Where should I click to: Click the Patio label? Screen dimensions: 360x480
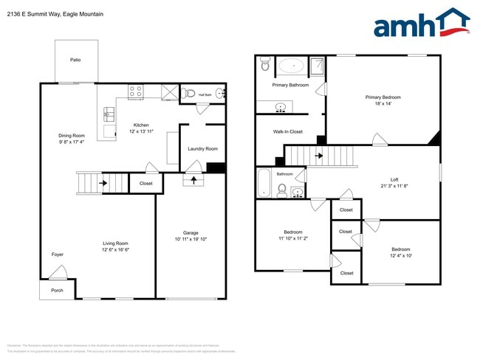(x=75, y=60)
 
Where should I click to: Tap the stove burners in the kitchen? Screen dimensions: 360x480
(x=136, y=92)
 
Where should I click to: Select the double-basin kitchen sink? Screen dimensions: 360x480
(x=109, y=114)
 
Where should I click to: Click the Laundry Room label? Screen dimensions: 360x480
(x=203, y=149)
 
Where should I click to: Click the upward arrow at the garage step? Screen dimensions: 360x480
(x=195, y=179)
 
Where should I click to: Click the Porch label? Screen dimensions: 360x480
(x=57, y=290)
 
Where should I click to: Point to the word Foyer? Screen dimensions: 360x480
(x=57, y=255)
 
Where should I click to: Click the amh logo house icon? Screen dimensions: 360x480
(x=451, y=22)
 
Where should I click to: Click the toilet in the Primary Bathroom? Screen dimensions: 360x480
(x=266, y=66)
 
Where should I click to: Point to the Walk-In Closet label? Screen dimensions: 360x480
(x=288, y=131)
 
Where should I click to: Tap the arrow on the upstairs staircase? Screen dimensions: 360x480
(x=318, y=156)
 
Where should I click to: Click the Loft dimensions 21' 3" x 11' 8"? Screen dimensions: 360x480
(x=395, y=186)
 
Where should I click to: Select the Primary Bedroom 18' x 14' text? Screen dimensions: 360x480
(x=383, y=104)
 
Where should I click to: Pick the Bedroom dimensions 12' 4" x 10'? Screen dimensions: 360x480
(x=402, y=256)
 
